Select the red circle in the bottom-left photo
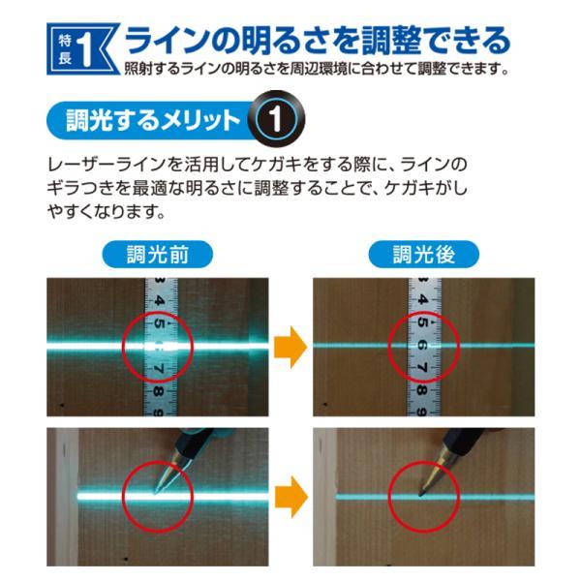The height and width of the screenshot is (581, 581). [x=158, y=494]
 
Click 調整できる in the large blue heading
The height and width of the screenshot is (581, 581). [x=441, y=41]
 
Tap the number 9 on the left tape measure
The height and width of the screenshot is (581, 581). [x=158, y=409]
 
